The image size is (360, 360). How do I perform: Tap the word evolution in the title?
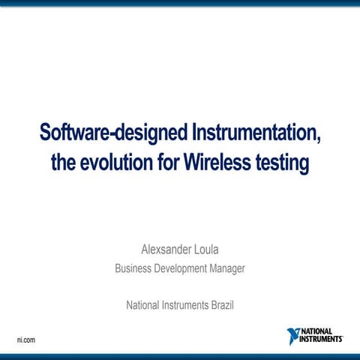pyautogui.click(x=114, y=161)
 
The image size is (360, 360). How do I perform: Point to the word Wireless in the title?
pyautogui.click(x=219, y=161)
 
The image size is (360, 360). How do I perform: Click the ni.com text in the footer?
pyautogui.click(x=26, y=340)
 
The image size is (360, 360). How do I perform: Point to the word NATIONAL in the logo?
pyautogui.click(x=319, y=331)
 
